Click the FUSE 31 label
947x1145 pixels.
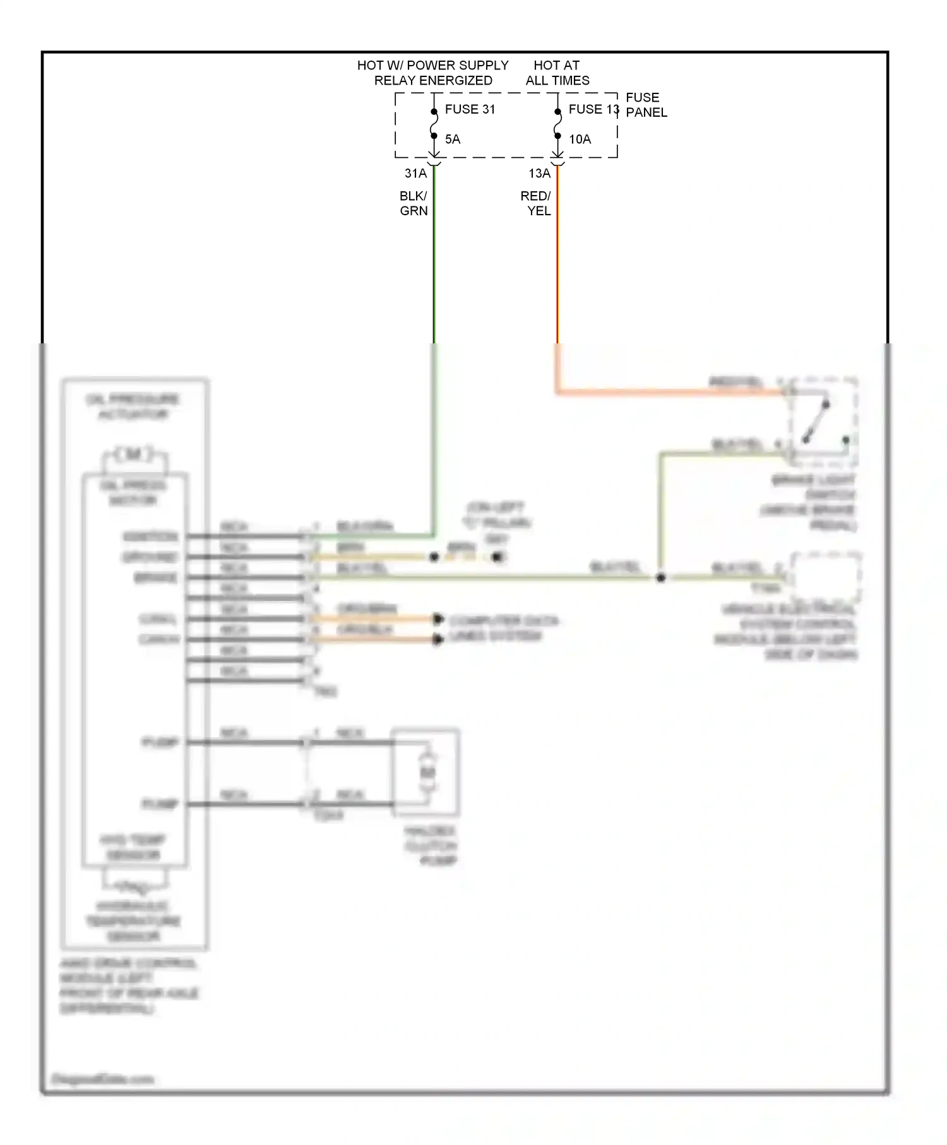470,109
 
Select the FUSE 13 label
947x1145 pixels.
593,109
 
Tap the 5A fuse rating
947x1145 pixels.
453,139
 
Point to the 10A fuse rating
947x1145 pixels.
580,139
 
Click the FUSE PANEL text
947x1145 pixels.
646,105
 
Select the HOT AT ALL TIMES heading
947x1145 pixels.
557,73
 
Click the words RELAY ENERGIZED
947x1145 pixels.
433,81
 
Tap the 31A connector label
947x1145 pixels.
415,173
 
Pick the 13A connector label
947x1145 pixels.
539,173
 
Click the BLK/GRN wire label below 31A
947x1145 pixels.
414,203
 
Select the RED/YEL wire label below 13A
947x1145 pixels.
536,203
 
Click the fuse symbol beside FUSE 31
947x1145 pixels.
434,124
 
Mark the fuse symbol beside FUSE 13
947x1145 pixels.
557,124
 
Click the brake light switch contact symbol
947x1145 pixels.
817,422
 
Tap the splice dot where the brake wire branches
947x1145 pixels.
660,578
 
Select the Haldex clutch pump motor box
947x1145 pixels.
426,772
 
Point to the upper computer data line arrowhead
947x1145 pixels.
438,619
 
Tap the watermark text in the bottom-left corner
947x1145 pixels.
102,1079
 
